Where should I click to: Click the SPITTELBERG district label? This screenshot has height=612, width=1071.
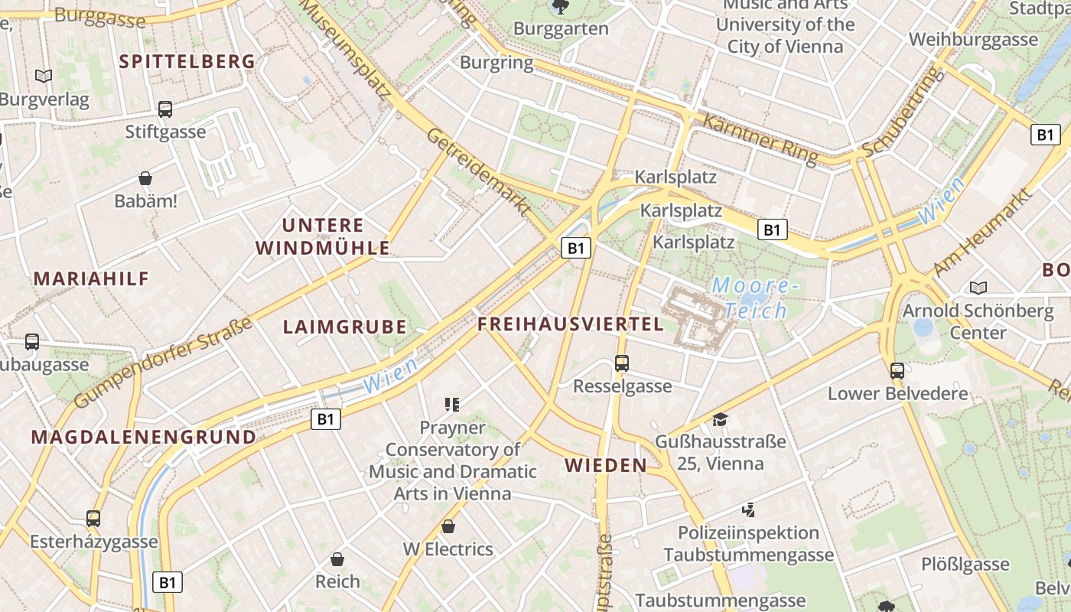click(187, 61)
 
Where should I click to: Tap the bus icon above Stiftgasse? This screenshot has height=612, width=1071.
click(165, 109)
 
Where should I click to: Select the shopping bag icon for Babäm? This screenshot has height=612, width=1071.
click(145, 179)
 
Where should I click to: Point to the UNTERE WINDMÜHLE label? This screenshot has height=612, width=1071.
click(323, 236)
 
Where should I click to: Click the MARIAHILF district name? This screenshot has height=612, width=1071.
click(91, 278)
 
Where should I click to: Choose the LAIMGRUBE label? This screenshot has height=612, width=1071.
click(344, 327)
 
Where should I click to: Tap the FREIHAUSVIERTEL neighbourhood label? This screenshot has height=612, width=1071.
click(571, 324)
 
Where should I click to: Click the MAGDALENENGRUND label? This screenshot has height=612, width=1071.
click(144, 438)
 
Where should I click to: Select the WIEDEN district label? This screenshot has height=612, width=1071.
click(606, 465)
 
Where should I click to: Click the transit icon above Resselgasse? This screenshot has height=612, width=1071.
click(622, 363)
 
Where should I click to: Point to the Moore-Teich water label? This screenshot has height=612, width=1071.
click(755, 298)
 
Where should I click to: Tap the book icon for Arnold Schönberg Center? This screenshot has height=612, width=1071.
click(978, 288)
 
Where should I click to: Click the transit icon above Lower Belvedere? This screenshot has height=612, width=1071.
click(897, 371)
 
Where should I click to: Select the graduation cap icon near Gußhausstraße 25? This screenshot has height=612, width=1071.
click(720, 419)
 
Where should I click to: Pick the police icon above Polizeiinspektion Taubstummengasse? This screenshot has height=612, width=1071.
click(748, 509)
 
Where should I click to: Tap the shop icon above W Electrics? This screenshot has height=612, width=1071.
click(448, 526)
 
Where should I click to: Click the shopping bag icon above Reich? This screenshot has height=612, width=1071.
click(337, 559)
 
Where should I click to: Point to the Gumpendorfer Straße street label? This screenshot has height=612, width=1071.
click(164, 363)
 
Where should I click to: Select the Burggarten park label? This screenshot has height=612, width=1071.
click(562, 29)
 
